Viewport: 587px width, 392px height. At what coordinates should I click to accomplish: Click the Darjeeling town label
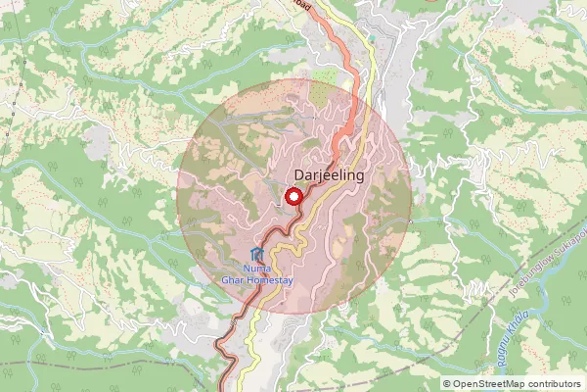[329, 175]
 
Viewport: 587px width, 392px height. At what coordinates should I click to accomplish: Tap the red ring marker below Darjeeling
[293, 197]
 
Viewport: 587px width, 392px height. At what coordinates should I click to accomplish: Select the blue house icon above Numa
[257, 255]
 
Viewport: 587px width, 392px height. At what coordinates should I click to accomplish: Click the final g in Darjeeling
[359, 177]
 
